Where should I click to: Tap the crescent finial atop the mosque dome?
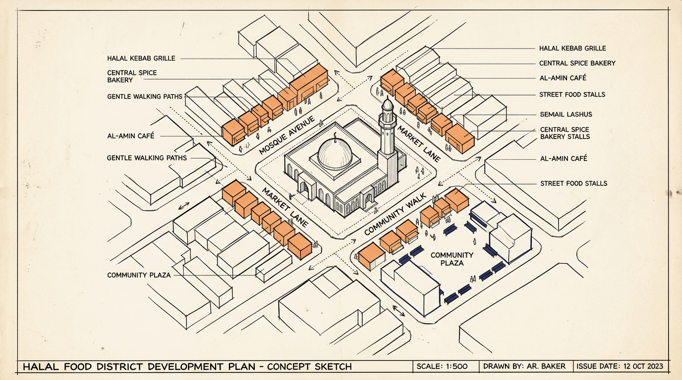335,137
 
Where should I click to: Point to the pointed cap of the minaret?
388,104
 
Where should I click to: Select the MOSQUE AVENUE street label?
287,135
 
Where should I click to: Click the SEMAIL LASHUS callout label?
566,114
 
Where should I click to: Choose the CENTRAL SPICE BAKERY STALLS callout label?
565,133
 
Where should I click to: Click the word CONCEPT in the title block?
289,367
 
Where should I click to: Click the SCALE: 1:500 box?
442,366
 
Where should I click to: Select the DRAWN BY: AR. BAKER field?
524,366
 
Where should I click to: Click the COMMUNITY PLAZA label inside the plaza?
452,259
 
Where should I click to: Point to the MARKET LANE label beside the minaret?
419,143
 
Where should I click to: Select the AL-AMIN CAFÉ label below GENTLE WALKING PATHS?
131,136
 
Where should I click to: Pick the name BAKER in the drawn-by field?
553,366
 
